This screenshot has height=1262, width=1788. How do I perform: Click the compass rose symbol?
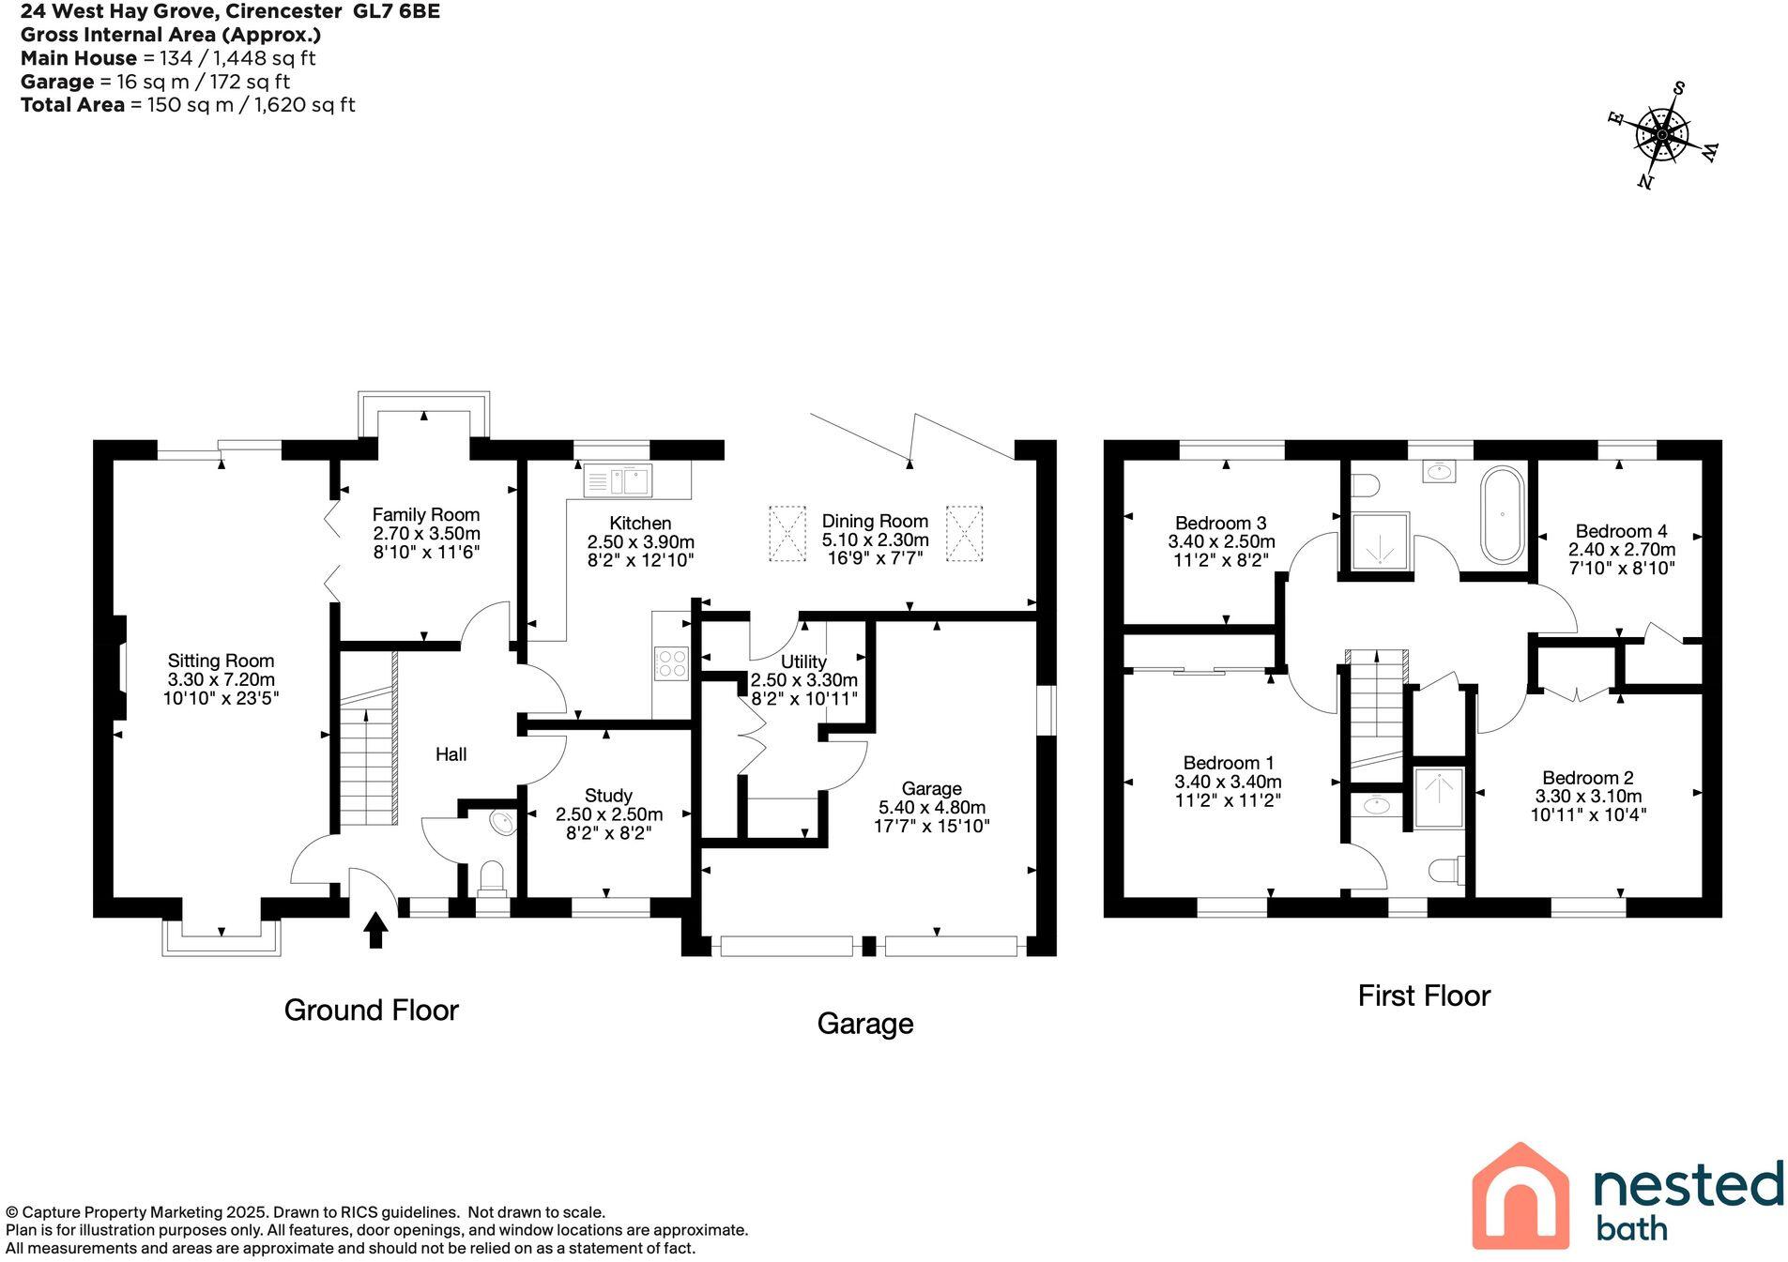click(x=1662, y=137)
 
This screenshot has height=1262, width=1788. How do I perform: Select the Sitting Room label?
click(x=221, y=661)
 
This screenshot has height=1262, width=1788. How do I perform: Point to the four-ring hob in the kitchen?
click(x=671, y=663)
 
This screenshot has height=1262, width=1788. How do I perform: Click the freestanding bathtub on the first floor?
click(x=1502, y=514)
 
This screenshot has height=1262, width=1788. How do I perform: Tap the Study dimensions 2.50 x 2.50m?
click(x=609, y=813)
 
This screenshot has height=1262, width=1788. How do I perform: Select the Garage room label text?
click(x=931, y=788)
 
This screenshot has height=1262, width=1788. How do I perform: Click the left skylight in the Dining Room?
click(x=787, y=533)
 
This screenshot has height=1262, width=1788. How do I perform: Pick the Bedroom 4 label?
click(x=1621, y=530)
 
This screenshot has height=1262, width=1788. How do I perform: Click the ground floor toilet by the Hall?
click(x=492, y=876)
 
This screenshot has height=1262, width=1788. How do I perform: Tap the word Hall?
click(x=451, y=754)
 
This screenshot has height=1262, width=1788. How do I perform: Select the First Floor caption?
click(x=1423, y=996)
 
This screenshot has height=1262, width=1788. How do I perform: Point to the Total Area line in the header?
click(x=188, y=105)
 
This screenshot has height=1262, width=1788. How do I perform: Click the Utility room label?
click(x=803, y=661)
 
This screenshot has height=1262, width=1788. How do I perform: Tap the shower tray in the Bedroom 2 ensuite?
click(x=1438, y=798)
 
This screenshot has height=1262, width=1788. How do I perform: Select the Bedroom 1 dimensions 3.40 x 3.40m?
click(x=1228, y=782)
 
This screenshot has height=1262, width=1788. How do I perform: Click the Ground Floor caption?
click(x=371, y=1010)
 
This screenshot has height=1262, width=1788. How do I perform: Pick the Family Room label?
click(x=426, y=514)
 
